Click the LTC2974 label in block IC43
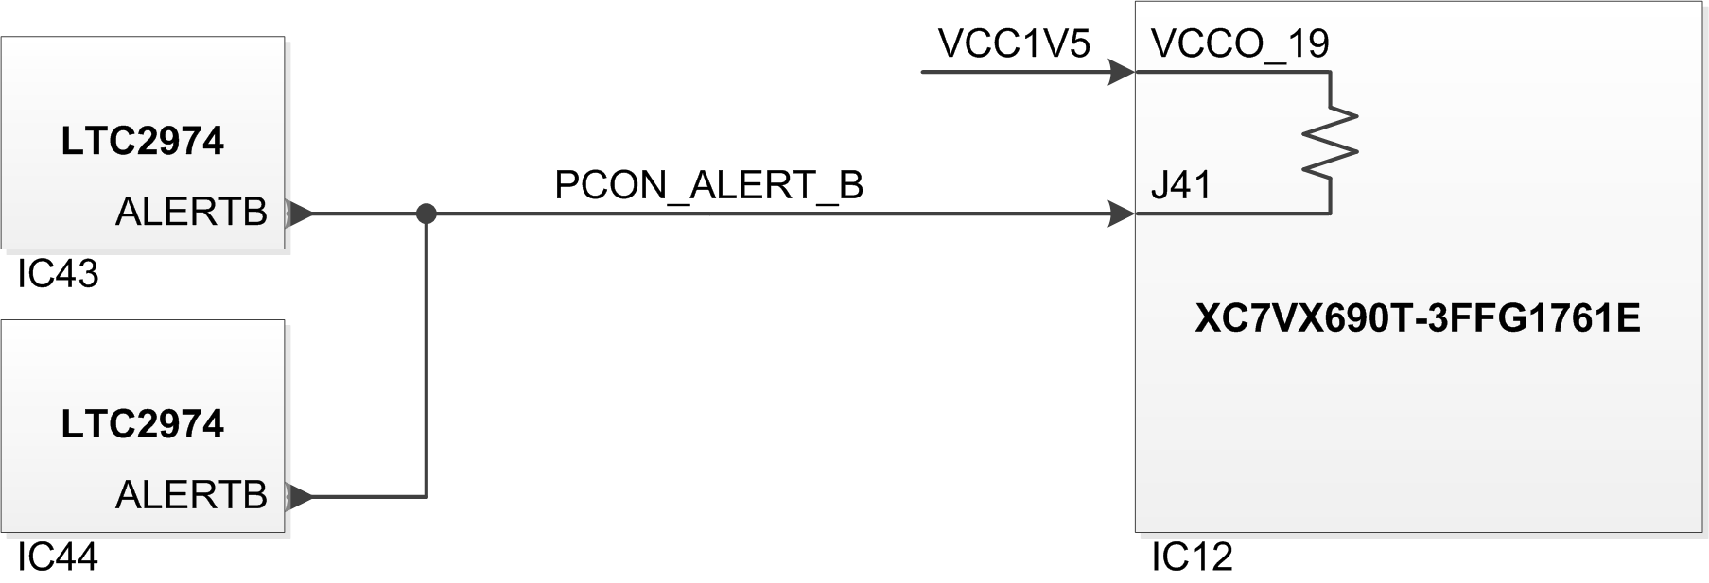coord(142,141)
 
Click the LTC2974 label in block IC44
coord(142,424)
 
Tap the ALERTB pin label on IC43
coord(191,213)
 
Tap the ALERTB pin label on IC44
coord(191,495)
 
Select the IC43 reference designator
coord(58,274)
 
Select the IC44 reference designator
coord(58,557)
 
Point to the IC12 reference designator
coord(1192,557)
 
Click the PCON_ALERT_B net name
coord(709,186)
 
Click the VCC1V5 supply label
coord(1014,43)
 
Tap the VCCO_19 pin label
coord(1240,44)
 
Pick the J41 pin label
coord(1181,185)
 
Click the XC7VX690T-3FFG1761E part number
coord(1418,319)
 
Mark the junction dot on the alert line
coord(427,214)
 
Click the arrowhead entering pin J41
coord(1122,214)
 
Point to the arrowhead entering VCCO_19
coord(1122,72)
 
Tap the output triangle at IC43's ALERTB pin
coord(298,214)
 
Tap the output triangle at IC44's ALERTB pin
coord(298,496)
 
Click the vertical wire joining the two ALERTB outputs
coord(427,355)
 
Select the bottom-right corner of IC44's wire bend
coord(427,496)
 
